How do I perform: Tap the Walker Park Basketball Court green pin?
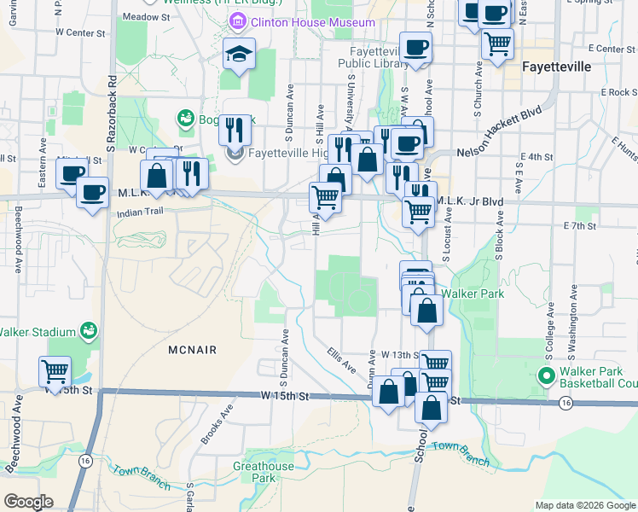(x=546, y=375)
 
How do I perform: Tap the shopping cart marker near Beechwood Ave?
(x=55, y=371)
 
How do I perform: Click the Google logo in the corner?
(x=29, y=501)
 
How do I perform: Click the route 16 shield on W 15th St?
(x=565, y=403)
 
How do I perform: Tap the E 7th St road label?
(x=579, y=226)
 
